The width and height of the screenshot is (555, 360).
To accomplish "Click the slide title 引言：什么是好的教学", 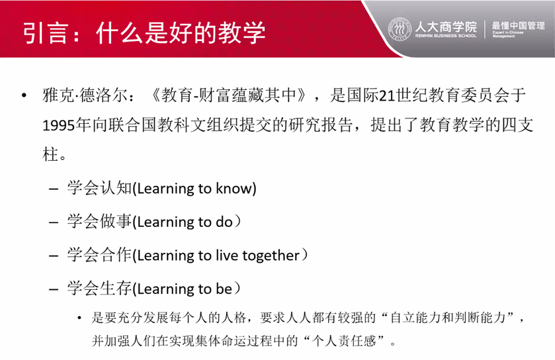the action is (144, 32).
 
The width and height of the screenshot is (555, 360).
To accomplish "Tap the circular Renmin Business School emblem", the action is (400, 29).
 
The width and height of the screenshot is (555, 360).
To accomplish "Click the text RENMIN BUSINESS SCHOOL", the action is (446, 36).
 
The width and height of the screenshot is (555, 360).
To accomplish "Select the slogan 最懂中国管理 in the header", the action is (518, 26).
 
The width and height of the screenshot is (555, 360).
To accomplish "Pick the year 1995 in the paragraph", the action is (59, 125).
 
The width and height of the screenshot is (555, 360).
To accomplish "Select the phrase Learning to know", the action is (196, 189).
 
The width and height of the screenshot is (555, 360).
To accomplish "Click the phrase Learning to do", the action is (185, 222).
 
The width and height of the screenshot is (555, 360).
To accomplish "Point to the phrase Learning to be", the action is (185, 289).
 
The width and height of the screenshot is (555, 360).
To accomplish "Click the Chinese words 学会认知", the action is (100, 188).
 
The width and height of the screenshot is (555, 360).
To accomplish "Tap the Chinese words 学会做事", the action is (100, 221).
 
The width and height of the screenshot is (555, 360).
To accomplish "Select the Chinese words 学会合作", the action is (100, 255).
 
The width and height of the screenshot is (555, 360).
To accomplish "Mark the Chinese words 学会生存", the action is (100, 288).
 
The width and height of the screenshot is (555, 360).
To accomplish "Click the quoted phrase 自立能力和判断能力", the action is (448, 317).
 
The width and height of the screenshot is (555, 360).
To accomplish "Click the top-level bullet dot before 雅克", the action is (24, 95).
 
